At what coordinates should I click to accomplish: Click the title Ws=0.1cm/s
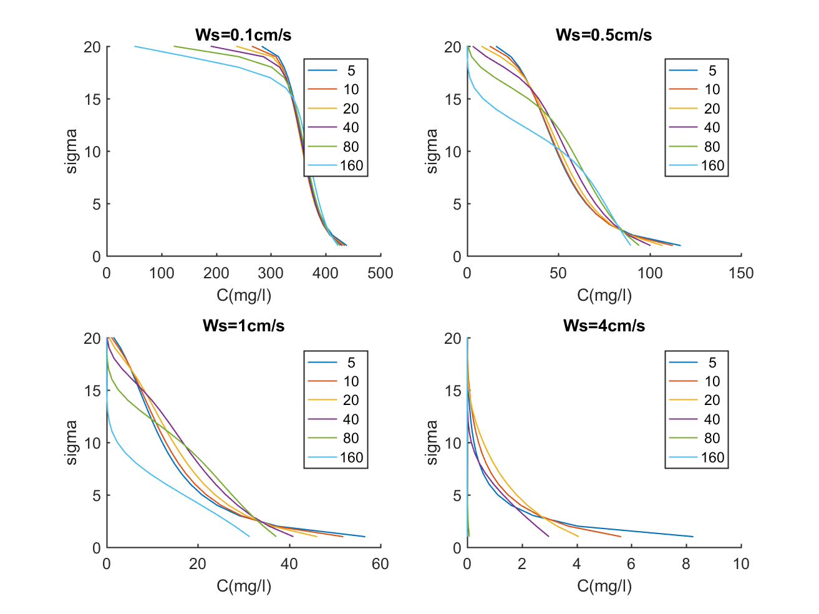243,35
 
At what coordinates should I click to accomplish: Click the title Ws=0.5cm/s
604,35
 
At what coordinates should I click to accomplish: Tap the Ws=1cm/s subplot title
243,326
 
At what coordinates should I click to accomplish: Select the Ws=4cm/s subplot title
604,326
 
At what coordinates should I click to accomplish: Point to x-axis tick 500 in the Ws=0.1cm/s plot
380,273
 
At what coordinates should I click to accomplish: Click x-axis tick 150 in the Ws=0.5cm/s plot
741,273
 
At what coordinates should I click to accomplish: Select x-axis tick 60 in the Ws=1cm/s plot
380,564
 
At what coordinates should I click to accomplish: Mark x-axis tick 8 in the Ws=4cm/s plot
686,564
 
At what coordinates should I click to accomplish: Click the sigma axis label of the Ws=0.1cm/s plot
72,151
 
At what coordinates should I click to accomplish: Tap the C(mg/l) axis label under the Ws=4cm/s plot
604,586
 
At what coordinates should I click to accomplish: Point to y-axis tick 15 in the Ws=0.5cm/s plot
453,99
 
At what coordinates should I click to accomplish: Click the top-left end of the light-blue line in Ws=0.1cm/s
135,46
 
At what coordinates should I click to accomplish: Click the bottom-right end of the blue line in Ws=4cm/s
693,537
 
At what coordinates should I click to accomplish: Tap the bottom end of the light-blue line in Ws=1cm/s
250,537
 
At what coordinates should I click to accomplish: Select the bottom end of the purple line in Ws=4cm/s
549,537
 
